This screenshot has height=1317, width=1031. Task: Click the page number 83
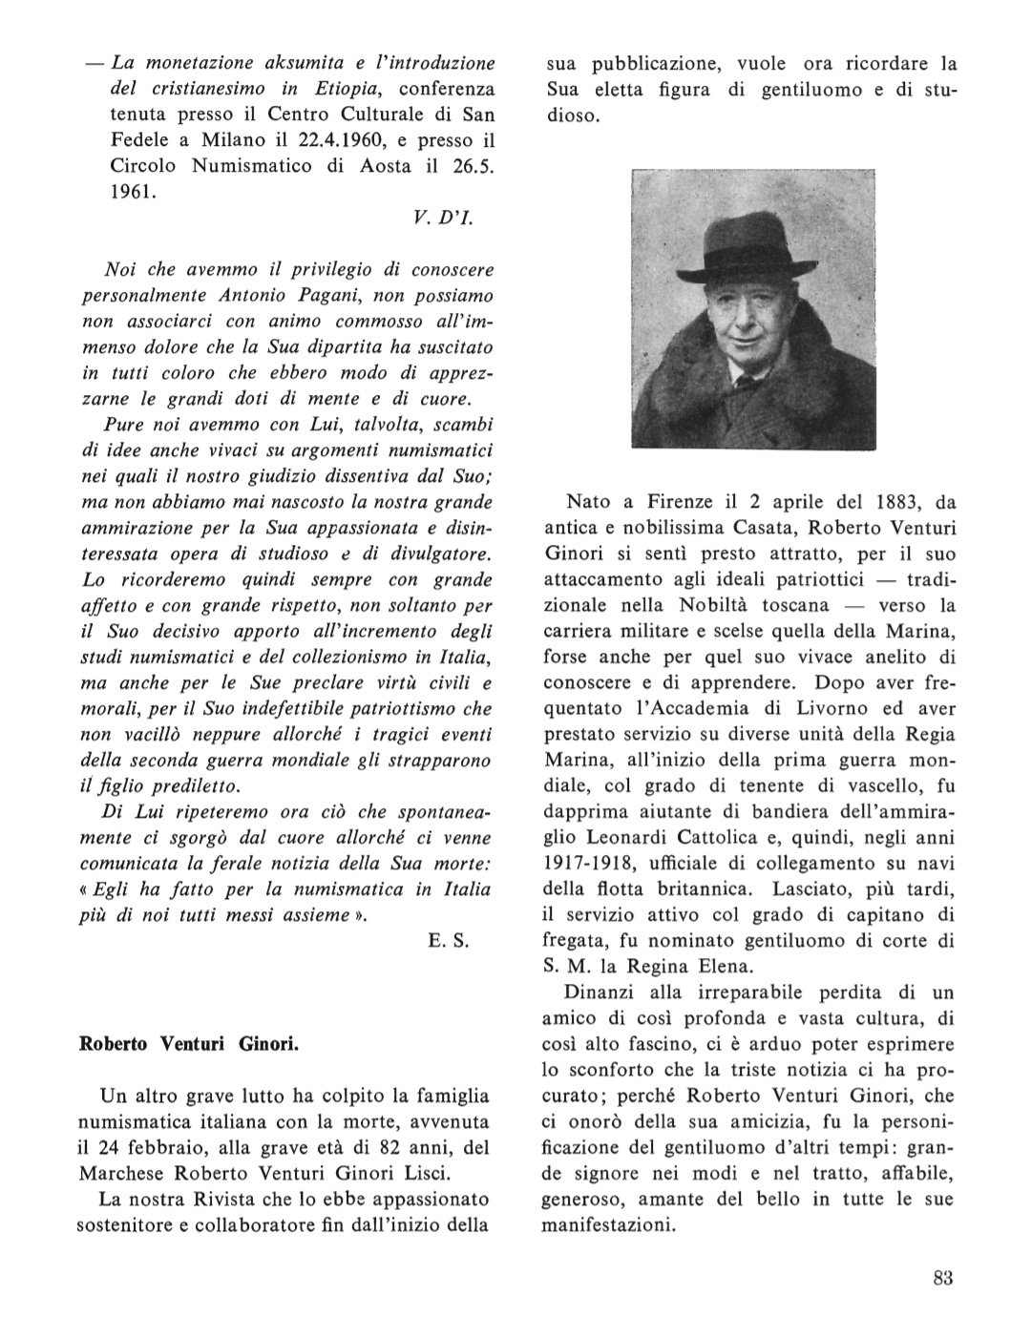click(x=943, y=1280)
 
